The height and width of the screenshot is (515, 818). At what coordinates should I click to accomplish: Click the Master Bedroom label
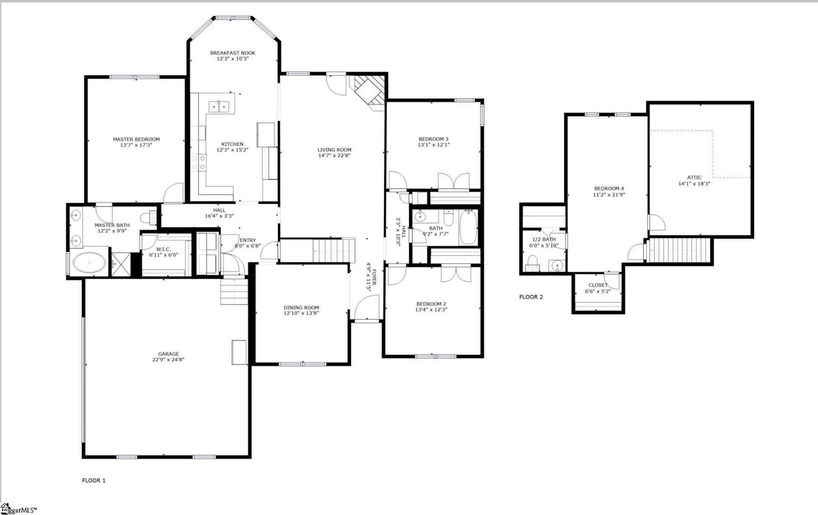(136, 139)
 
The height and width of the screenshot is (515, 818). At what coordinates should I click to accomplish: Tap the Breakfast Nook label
(233, 53)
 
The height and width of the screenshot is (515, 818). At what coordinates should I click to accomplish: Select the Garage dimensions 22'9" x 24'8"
(168, 360)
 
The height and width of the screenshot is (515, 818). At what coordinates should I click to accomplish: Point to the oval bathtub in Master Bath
(89, 263)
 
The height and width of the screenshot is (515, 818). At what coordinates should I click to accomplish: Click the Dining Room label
(301, 308)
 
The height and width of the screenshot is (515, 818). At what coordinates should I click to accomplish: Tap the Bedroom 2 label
(431, 304)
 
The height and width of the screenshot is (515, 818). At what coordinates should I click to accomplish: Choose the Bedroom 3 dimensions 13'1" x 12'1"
(433, 145)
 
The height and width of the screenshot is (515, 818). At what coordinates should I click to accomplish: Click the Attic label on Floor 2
(694, 178)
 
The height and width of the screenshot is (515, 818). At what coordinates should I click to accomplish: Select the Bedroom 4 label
(609, 188)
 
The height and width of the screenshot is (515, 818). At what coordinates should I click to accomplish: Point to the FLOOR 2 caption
(531, 297)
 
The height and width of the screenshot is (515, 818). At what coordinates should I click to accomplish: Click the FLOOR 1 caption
(94, 480)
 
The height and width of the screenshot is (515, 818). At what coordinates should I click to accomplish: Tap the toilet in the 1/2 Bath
(532, 263)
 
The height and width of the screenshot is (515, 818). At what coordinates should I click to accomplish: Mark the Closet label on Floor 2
(598, 285)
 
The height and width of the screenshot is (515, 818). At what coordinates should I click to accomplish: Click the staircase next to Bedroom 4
(679, 250)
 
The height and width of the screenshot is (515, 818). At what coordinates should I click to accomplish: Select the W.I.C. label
(164, 249)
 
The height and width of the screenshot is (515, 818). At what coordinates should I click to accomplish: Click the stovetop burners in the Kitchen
(199, 162)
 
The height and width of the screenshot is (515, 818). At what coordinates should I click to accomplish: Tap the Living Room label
(334, 150)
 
